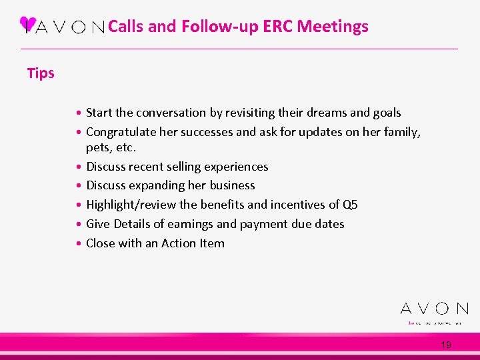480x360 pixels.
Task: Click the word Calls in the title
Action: point(125,27)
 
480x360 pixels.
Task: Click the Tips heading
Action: point(41,73)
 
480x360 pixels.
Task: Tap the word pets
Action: point(99,147)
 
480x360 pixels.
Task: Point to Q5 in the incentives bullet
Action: point(350,205)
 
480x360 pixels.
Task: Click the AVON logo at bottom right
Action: point(434,309)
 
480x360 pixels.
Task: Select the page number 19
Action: point(446,345)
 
